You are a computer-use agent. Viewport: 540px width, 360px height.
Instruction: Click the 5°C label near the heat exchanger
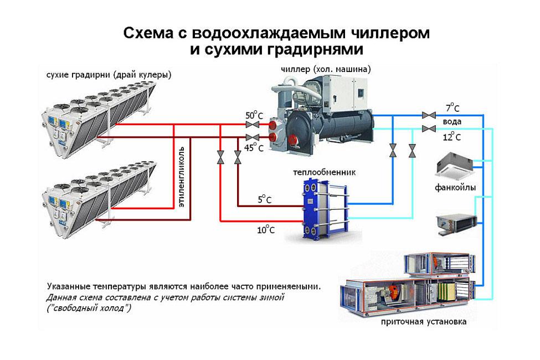click(x=264, y=199)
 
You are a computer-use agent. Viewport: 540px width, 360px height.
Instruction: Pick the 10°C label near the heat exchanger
click(x=265, y=229)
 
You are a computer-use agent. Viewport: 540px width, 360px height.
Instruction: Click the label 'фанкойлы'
click(x=455, y=187)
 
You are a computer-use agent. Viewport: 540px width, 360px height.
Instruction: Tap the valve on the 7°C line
click(x=428, y=115)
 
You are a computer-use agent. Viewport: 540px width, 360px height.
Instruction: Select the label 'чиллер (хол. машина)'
click(x=326, y=69)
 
